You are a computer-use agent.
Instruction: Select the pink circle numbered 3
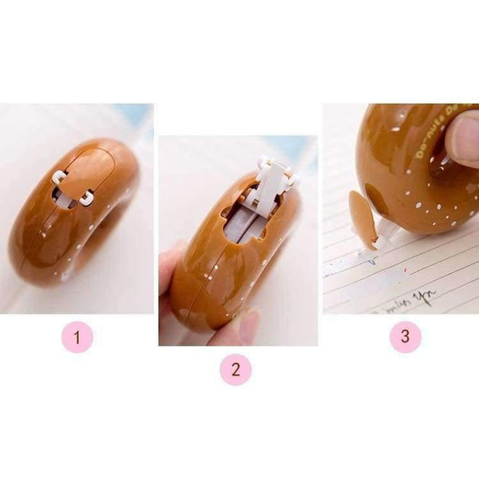point(405,336)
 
